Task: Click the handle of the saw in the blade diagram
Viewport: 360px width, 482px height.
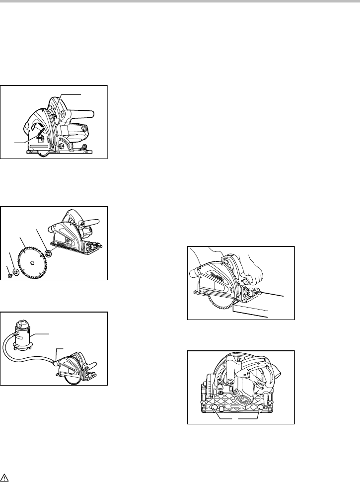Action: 90,223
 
